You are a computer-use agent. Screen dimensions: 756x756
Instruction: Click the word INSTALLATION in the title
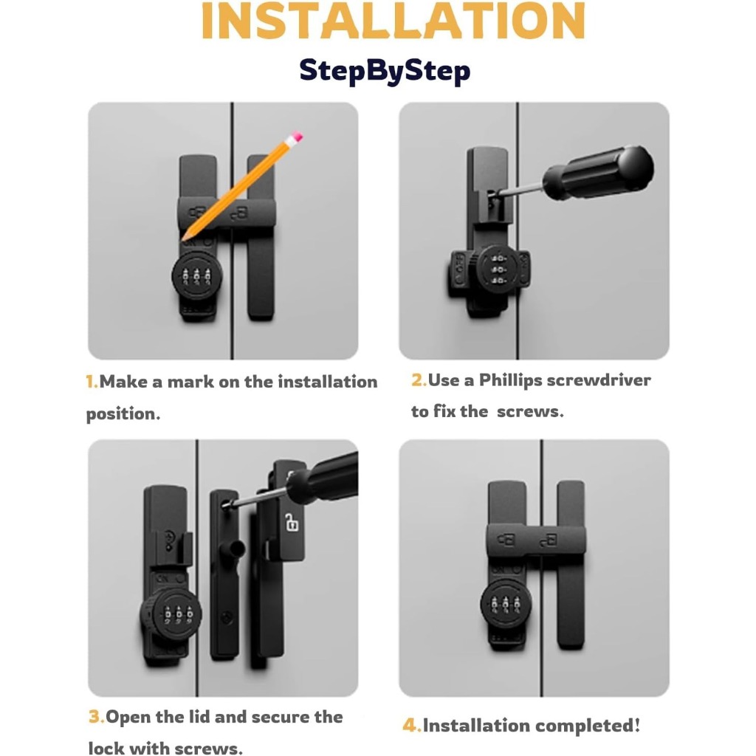coord(393,21)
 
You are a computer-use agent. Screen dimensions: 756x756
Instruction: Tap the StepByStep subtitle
coord(385,71)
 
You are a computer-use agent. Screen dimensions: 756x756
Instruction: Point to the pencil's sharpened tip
coord(184,238)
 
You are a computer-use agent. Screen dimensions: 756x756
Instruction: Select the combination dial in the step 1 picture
coord(197,276)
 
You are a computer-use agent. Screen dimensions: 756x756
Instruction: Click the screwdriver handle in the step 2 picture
coord(599,172)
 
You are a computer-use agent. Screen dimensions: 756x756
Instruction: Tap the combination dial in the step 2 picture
coord(498,269)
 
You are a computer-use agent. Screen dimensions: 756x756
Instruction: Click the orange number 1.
coord(92,382)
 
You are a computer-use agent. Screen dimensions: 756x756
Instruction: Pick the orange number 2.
coord(419,380)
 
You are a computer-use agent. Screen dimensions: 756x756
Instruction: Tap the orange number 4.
coord(411,725)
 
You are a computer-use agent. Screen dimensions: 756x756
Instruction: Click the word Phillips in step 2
coord(511,381)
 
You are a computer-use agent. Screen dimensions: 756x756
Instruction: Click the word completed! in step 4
coord(588,726)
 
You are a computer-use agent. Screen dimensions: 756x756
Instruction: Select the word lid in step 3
coord(198,716)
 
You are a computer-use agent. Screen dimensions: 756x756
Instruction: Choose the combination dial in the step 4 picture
coord(505,603)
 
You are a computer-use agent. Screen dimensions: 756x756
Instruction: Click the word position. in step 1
coord(123,414)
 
